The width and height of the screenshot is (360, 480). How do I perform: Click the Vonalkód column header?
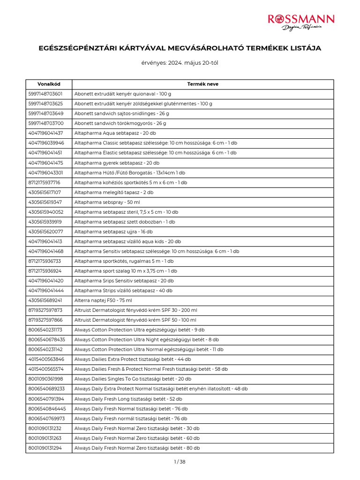(49, 84)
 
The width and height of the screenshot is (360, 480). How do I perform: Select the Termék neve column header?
(202, 84)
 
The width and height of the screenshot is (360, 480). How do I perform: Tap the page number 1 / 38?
(180, 462)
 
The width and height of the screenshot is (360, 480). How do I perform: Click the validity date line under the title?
(180, 63)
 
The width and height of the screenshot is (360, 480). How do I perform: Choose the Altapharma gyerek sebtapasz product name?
(117, 163)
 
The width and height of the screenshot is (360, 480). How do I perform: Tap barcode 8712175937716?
(45, 182)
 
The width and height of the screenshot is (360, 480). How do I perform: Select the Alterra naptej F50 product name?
(103, 300)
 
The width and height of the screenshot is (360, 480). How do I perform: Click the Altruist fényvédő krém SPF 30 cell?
(136, 310)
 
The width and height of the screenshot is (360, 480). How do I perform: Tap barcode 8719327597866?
(45, 320)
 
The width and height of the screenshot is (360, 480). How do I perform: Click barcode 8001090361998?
(45, 379)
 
